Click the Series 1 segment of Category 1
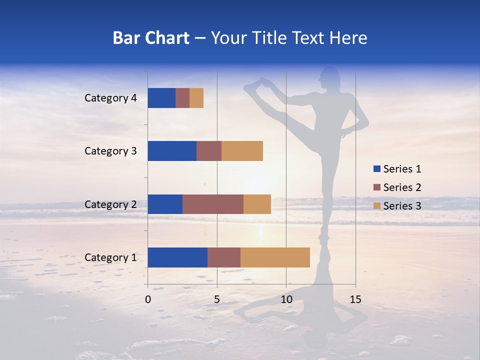tap(177, 257)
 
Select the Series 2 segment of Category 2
tap(213, 204)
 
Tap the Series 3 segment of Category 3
tap(242, 151)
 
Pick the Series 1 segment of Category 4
tap(161, 98)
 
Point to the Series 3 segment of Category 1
tap(275, 257)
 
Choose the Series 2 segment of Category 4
tap(182, 98)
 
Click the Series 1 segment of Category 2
tap(165, 204)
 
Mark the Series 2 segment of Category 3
tap(209, 151)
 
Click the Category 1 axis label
tap(110, 257)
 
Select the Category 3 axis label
tap(110, 151)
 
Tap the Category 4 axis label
tap(110, 98)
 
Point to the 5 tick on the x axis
tap(217, 299)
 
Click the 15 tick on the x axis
tap(355, 299)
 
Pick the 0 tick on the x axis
tap(148, 299)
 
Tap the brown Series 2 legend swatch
tap(377, 187)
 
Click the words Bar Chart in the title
tap(151, 38)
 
